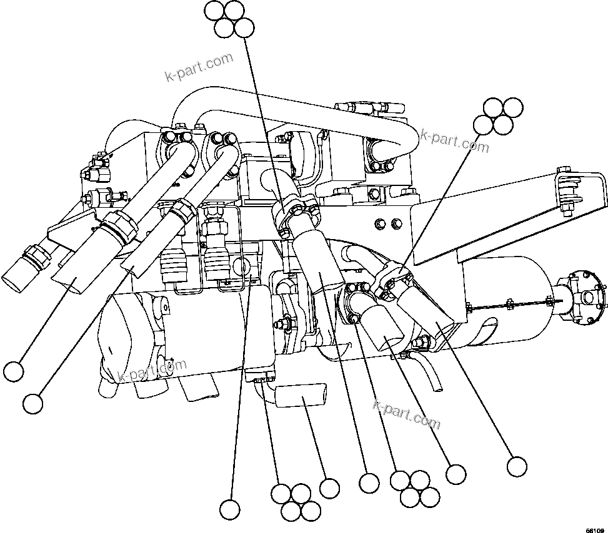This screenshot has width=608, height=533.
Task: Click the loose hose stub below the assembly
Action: [301, 396]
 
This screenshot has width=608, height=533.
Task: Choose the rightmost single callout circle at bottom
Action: [517, 466]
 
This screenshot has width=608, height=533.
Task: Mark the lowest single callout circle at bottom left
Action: [230, 509]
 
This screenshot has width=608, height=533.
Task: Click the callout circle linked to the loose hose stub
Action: [329, 487]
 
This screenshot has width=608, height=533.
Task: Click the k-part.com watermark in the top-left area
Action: [198, 67]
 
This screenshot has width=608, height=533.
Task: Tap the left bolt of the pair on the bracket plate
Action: [379, 223]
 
